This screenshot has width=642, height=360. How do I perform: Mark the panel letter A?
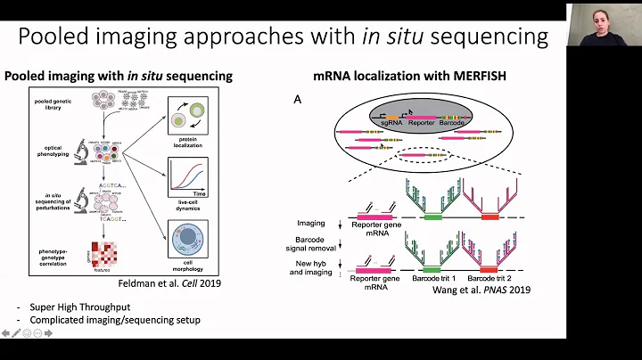pos(298,100)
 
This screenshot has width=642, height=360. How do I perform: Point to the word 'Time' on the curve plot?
pos(201,190)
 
